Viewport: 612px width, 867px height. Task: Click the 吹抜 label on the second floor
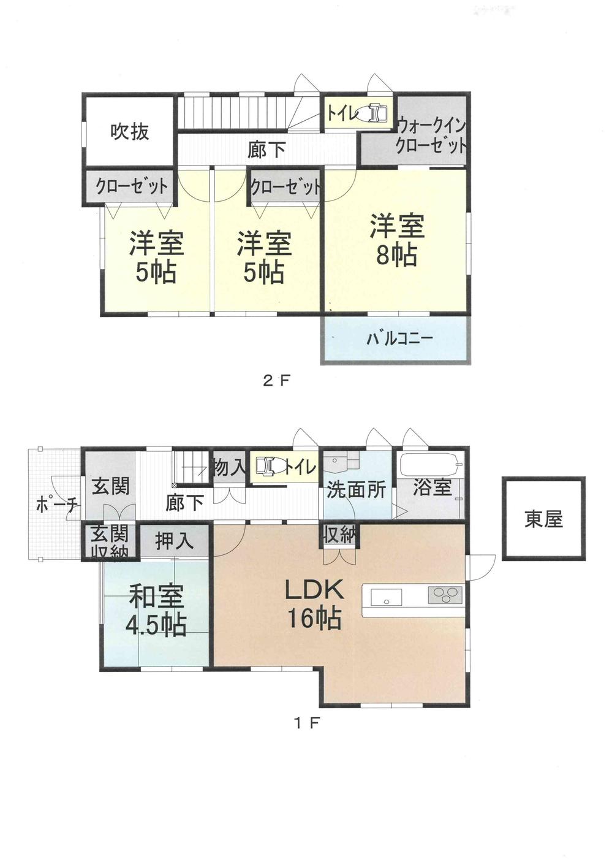[130, 131]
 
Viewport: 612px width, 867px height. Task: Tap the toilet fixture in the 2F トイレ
[374, 113]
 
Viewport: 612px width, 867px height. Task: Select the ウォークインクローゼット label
[431, 136]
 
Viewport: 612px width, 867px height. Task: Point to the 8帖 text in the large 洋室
[396, 254]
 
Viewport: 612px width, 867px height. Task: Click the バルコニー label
[399, 338]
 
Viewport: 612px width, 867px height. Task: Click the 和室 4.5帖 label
[156, 609]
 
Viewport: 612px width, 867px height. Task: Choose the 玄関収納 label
[110, 542]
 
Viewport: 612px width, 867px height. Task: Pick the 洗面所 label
[357, 490]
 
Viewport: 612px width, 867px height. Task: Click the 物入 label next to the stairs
[229, 468]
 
